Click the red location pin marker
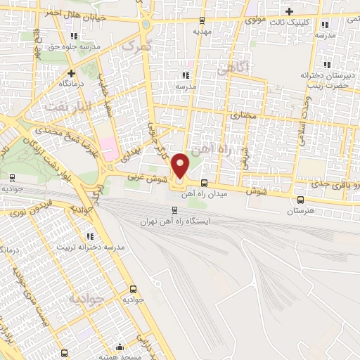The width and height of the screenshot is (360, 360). point(181,165)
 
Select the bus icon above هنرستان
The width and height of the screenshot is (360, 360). point(302,200)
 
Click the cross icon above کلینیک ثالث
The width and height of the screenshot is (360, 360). point(290,11)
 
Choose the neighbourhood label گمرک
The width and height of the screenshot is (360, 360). point(136,46)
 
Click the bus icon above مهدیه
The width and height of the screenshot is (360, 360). point(202,20)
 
